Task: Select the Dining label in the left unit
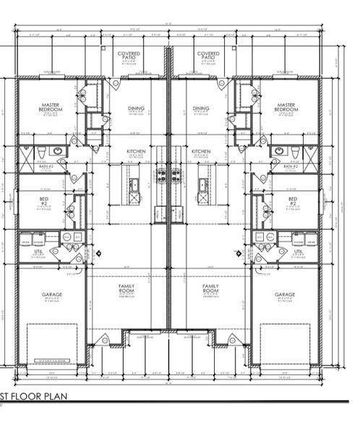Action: coord(136,109)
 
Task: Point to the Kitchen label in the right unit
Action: coord(200,152)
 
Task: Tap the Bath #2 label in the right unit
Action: coord(291,166)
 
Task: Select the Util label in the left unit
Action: coord(40,252)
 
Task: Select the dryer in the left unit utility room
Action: coord(26,236)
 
